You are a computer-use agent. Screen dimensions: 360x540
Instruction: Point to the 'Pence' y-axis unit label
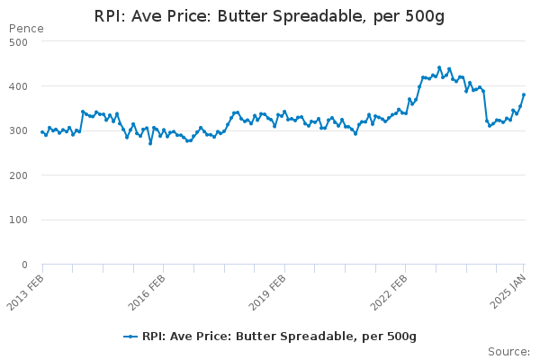point(25,29)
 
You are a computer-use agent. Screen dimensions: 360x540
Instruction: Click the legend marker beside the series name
point(130,336)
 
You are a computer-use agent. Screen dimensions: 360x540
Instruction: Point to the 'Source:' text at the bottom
point(508,351)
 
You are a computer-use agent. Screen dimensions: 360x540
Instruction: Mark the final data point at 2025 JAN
point(524,94)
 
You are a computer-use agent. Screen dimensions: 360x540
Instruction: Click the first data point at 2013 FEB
point(42,132)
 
